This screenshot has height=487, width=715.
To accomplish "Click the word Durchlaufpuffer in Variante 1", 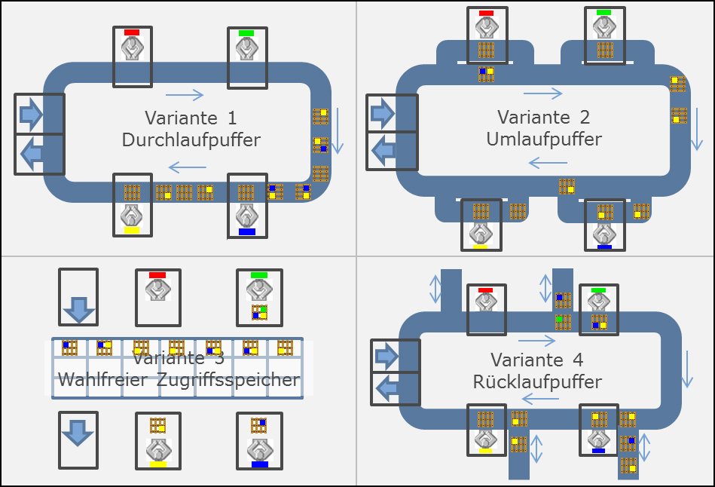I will [x=191, y=140].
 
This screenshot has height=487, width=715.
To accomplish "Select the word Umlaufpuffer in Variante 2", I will [x=544, y=139].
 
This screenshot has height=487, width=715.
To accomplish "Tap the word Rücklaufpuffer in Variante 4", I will [x=537, y=381].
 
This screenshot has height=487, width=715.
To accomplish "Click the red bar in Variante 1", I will [x=132, y=32].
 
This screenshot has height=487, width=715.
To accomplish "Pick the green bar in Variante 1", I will [x=246, y=33].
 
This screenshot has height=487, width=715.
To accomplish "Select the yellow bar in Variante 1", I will [x=132, y=231].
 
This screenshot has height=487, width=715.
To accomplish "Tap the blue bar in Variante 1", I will [x=247, y=231].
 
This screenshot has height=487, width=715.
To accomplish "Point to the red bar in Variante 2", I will [x=486, y=13].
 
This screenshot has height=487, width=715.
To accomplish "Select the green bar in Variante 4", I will [x=599, y=289].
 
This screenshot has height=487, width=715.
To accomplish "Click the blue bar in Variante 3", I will [x=260, y=464].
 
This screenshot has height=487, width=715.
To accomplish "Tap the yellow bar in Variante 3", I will [x=158, y=464].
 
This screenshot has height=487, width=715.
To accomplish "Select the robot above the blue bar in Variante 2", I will [x=604, y=233].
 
